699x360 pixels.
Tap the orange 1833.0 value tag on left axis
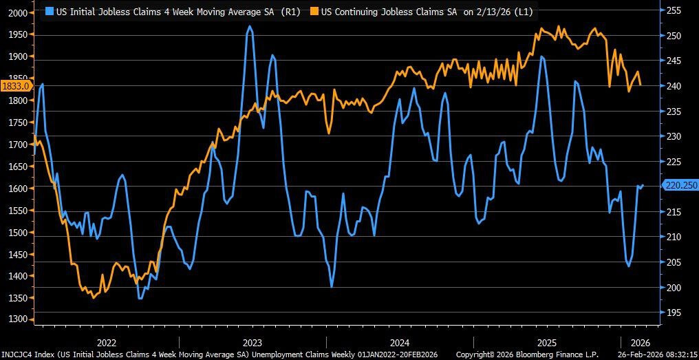click(15, 86)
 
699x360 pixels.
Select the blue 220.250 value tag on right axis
click(680, 185)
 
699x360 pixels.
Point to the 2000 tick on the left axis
click(17, 13)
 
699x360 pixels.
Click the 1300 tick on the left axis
click(17, 320)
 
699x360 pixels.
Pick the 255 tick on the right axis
click(674, 10)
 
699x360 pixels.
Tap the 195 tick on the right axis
click(674, 313)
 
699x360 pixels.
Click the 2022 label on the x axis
click(106, 342)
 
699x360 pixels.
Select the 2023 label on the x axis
click(252, 342)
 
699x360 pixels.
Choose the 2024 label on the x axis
click(400, 342)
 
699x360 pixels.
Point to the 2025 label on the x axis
click(547, 342)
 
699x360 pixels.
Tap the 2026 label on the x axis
click(640, 342)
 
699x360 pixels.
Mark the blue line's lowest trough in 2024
click(332, 286)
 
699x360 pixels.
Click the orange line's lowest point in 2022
click(94, 297)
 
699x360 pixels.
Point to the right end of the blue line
click(643, 184)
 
